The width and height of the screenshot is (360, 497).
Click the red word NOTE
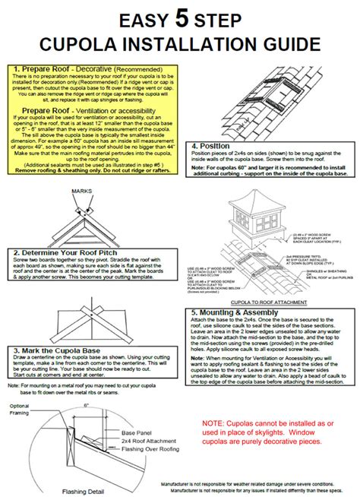[x=215, y=421]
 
